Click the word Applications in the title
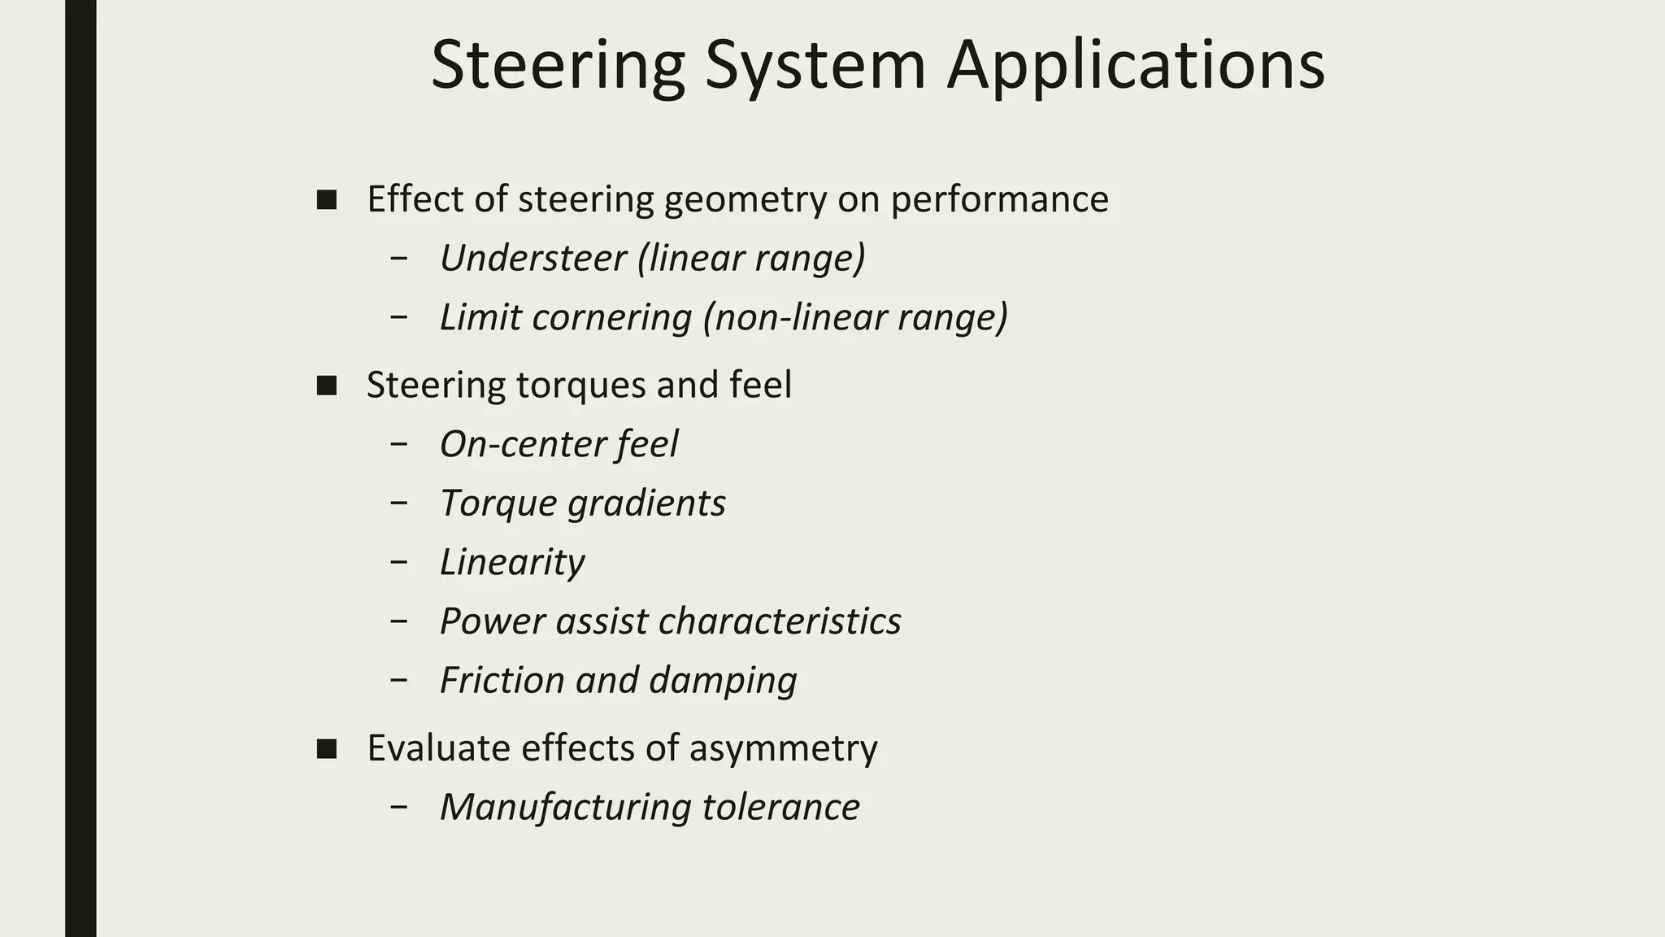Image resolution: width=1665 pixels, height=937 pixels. tap(1136, 65)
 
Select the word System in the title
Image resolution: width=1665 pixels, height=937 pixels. tap(815, 65)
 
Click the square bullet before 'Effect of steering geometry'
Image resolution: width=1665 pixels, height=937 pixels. tap(327, 200)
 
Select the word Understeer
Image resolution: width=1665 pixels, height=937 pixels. tap(533, 259)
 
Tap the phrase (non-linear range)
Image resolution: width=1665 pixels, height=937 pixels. tap(855, 317)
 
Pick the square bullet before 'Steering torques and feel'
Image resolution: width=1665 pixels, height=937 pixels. tap(327, 386)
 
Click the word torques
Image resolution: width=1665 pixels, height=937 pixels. tap(580, 386)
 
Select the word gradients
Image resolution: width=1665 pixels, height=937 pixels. tap(646, 503)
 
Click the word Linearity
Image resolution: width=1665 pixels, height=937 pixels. tap(512, 562)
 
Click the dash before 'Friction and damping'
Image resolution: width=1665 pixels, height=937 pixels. tap(398, 679)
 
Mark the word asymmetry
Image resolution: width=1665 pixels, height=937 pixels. tap(783, 748)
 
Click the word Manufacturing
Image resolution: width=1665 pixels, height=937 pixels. tap(565, 808)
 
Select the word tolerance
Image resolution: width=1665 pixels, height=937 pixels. tap(780, 808)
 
